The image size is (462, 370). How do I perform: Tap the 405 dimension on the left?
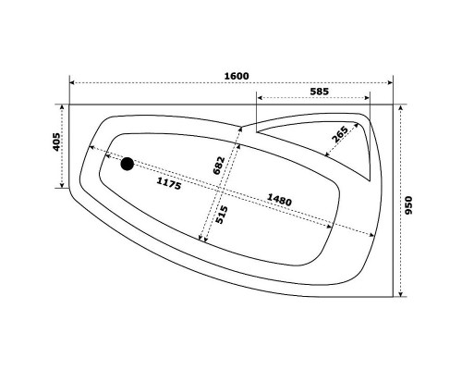click(x=57, y=143)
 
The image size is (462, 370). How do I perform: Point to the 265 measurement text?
click(x=338, y=135)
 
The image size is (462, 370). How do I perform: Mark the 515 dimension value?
click(x=223, y=216)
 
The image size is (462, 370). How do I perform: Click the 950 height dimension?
click(x=409, y=203)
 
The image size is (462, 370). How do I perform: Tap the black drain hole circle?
click(x=128, y=165)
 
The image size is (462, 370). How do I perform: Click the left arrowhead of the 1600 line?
click(x=74, y=84)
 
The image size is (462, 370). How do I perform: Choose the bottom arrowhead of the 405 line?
click(x=67, y=186)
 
